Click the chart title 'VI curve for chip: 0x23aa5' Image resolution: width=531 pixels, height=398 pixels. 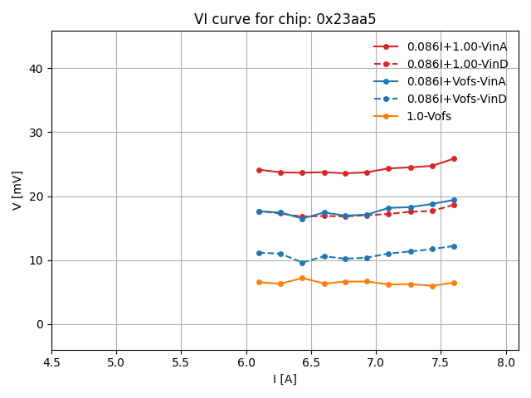(285, 19)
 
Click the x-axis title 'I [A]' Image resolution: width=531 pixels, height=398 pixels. (285, 379)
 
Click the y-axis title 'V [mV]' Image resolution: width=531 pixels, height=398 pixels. (17, 190)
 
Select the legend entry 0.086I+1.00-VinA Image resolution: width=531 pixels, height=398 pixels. (456, 46)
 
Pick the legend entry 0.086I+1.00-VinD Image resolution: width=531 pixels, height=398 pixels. (456, 64)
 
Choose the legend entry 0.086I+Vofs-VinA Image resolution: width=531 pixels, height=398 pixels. (456, 81)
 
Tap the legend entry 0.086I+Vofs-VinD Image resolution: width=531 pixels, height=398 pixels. (456, 99)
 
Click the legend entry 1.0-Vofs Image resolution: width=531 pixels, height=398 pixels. (428, 116)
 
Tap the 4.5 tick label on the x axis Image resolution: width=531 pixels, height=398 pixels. (51, 362)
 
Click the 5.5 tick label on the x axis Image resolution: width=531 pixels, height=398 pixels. (182, 362)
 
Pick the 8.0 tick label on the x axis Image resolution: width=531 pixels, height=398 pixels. (506, 362)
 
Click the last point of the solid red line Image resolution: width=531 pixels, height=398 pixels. (454, 158)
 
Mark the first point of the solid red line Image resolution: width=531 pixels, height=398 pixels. (259, 170)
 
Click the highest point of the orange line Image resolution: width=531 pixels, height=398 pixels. (302, 278)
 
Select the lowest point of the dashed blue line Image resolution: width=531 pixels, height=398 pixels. (302, 263)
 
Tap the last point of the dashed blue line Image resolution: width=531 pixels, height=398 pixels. (454, 246)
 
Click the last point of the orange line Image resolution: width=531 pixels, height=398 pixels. (454, 283)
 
